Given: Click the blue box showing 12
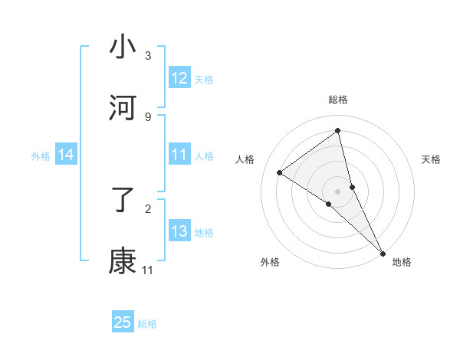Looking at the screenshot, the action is coord(179,78).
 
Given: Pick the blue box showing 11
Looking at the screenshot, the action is coord(179,155).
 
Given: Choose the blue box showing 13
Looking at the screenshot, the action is coord(179,231).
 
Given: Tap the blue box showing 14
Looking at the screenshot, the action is coord(66,155).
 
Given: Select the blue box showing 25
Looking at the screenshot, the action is coord(123,322).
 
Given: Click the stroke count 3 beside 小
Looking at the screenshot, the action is coord(148,56).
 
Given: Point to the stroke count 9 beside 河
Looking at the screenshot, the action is coord(148,117).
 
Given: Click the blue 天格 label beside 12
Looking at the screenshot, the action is coord(204,79).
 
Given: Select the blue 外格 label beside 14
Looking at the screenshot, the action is coord(41,156).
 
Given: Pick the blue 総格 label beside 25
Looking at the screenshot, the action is coord(147,324).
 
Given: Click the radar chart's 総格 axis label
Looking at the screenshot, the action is coord(338,100).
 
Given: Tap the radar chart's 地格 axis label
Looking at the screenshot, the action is coord(402,262).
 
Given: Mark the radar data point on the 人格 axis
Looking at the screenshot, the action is coord(279,172).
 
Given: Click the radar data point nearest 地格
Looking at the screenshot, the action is coord(383,253).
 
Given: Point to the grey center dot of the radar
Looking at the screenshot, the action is coord(338,191).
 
